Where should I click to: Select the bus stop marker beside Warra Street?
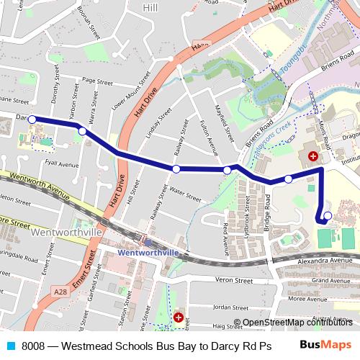coord(83,131)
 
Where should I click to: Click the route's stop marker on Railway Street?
coord(176,168)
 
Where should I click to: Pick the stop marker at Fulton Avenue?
coord(228,170)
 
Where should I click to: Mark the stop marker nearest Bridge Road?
coord(288,179)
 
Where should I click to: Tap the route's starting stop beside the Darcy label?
coord(32,119)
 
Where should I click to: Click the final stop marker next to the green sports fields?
coord(328,215)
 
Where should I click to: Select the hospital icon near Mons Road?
coord(313,156)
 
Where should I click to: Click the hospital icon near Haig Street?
coord(179,317)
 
